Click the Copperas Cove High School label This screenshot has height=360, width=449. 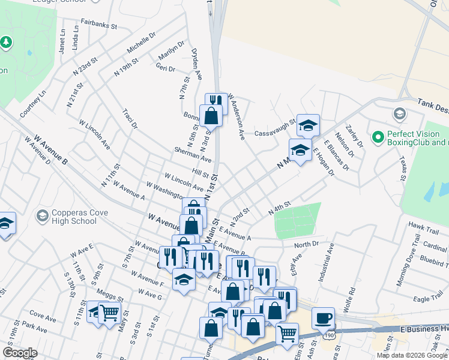point(66,217)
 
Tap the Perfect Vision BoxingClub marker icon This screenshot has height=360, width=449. point(378,138)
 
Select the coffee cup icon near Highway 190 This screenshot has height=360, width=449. point(324,317)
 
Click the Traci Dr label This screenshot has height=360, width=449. point(130,119)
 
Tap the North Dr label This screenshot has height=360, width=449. point(306,245)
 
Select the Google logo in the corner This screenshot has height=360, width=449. point(20,353)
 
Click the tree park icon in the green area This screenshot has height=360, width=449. point(6,42)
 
